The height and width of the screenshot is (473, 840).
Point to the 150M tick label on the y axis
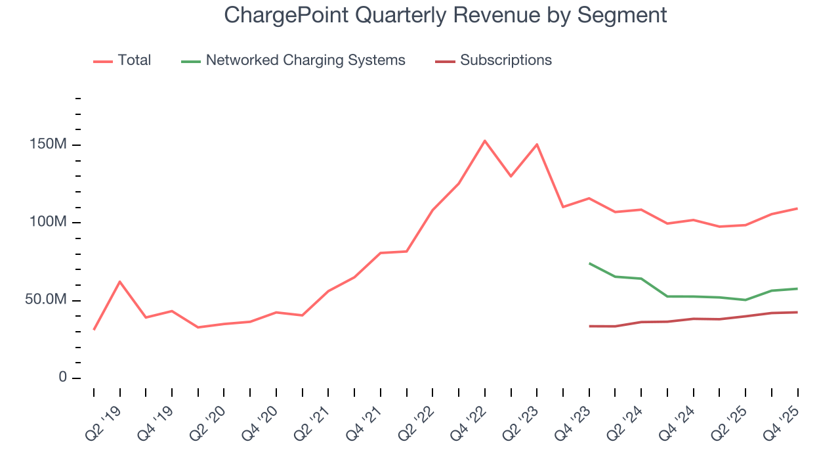click(x=48, y=145)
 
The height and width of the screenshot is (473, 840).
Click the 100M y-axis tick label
click(x=48, y=222)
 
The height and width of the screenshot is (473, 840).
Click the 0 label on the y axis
click(x=62, y=378)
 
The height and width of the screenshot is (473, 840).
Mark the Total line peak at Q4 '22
click(x=484, y=141)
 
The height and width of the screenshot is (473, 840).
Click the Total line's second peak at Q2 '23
click(x=537, y=145)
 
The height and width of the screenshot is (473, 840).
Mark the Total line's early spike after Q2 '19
click(x=119, y=281)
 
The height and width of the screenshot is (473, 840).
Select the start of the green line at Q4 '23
click(x=589, y=263)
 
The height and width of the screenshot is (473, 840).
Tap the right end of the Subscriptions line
click(x=797, y=312)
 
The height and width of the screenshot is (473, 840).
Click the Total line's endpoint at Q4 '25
click(x=797, y=208)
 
